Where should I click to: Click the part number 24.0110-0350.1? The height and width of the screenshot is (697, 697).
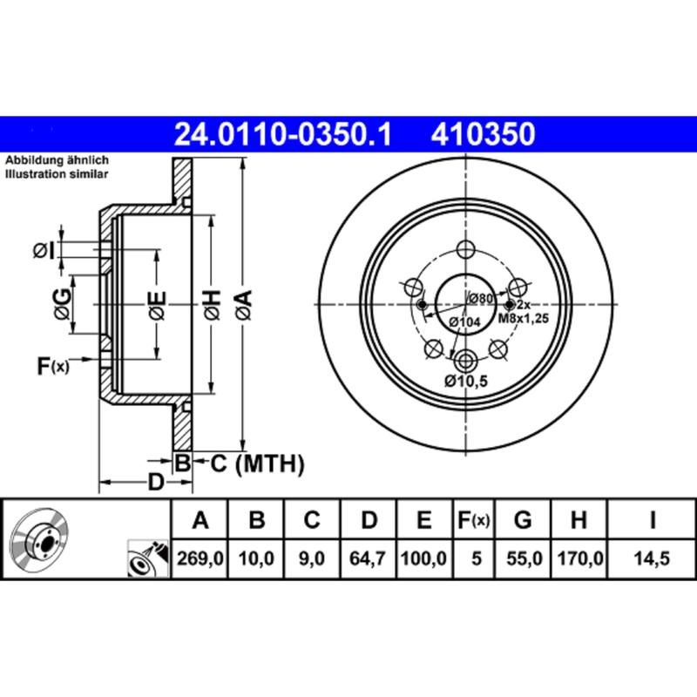pyautogui.click(x=284, y=136)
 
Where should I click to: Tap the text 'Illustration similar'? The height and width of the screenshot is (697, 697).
pyautogui.click(x=57, y=175)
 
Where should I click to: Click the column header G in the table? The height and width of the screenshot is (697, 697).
pyautogui.click(x=523, y=521)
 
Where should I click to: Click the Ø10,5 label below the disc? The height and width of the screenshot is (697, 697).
pyautogui.click(x=465, y=382)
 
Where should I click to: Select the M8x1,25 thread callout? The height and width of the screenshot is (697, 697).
pyautogui.click(x=523, y=319)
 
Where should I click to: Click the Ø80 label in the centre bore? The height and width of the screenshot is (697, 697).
pyautogui.click(x=479, y=299)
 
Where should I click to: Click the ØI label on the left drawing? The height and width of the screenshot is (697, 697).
pyautogui.click(x=44, y=251)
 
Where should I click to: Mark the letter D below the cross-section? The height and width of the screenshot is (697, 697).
pyautogui.click(x=155, y=482)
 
